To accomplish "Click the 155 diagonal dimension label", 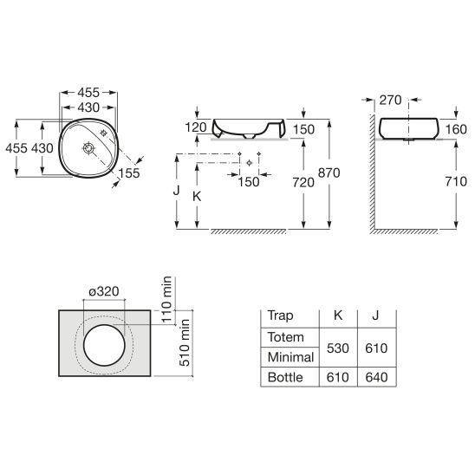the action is point(129,173).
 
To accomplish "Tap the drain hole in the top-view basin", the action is point(88,148).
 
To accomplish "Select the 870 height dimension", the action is point(329,173).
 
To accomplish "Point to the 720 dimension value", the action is point(303,182).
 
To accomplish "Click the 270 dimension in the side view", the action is point(390,100).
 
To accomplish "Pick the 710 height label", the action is point(456,181).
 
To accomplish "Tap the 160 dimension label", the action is point(456,129).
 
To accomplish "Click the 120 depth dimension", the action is point(196,127).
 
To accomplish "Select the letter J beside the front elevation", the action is point(176,191).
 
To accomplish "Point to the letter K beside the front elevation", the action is point(197,197).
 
